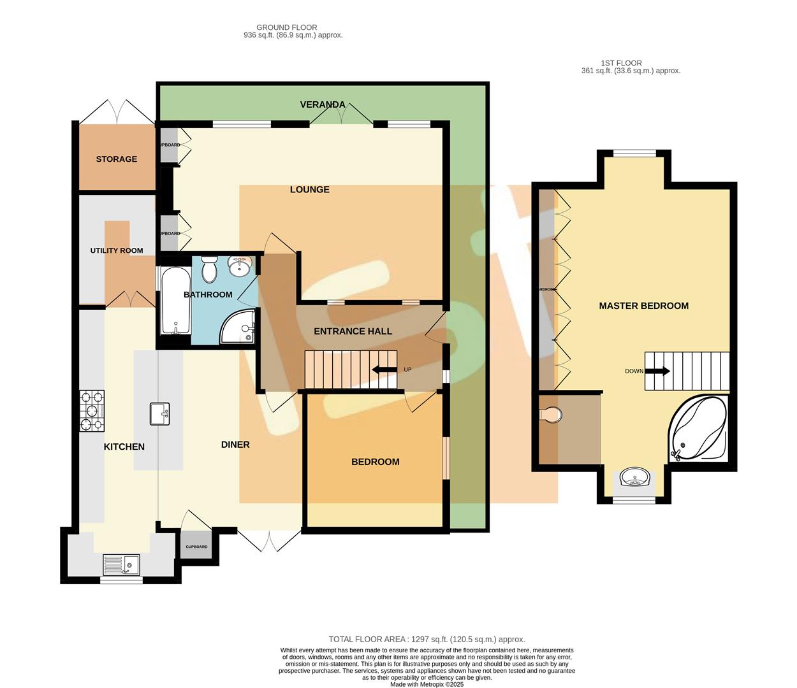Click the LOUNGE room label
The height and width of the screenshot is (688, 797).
click(309, 189)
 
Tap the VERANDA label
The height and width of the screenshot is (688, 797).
click(323, 104)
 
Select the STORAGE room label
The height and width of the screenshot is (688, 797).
click(116, 159)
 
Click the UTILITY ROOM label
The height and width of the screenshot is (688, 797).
click(116, 250)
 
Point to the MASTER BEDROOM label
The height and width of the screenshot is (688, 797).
click(643, 306)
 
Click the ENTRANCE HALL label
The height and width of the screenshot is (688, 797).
click(353, 331)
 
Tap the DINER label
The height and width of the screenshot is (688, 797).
click(235, 445)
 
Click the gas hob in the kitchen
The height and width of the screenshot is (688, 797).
click(92, 411)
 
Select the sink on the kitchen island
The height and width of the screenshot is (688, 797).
click(159, 413)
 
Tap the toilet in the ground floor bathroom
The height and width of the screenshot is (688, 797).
click(209, 269)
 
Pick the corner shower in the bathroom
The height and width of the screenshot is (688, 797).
click(239, 326)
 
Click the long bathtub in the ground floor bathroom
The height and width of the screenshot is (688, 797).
click(175, 301)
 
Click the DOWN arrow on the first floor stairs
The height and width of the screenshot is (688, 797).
click(657, 371)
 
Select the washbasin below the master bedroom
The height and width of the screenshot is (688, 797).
click(634, 477)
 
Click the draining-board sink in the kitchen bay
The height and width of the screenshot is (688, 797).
click(121, 564)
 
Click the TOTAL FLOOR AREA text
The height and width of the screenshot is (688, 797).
click(427, 639)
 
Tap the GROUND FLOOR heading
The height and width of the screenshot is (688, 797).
click(286, 27)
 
